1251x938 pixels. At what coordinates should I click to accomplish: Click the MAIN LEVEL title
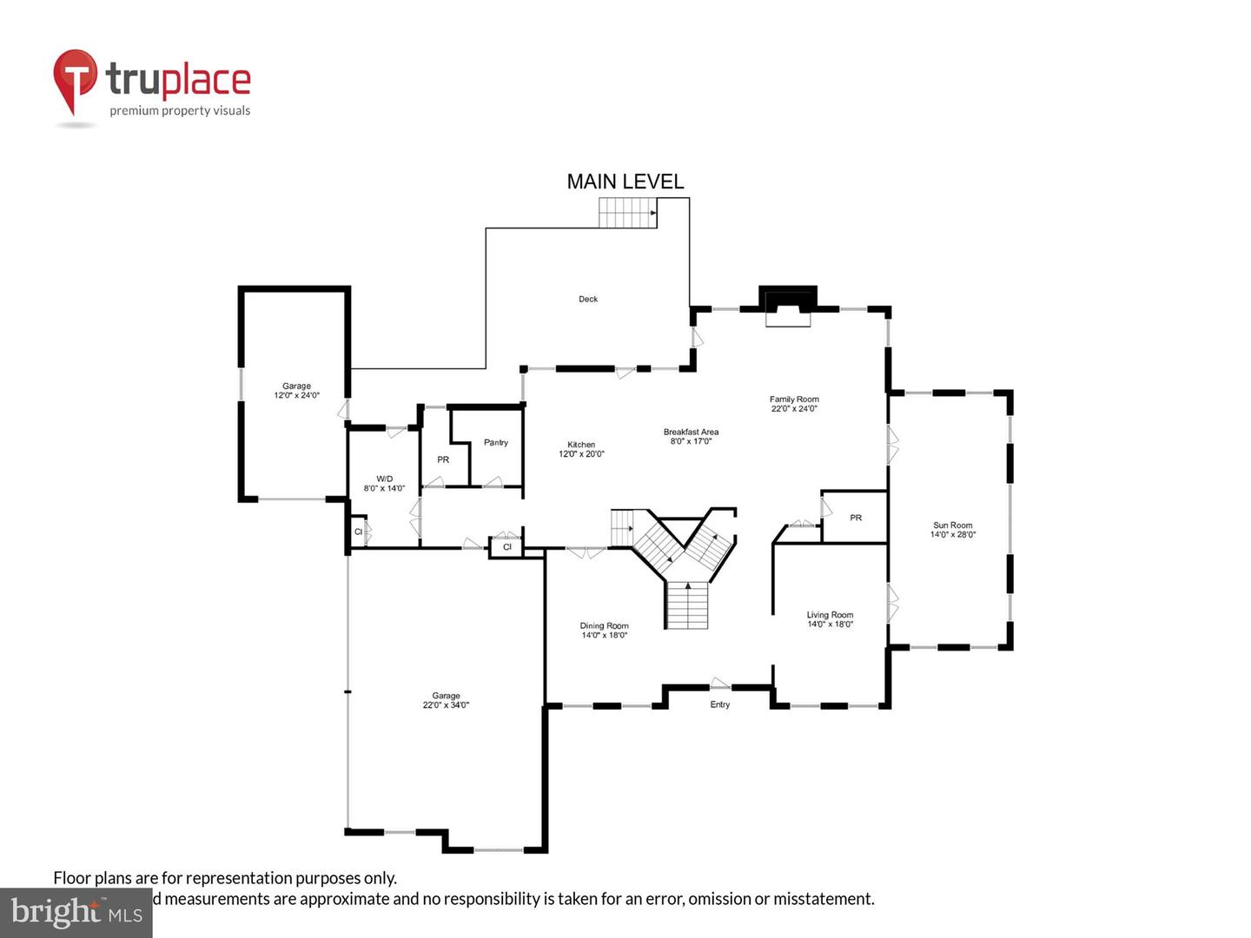625,182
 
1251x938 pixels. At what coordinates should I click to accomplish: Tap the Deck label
588,299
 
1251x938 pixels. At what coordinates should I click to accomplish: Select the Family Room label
794,400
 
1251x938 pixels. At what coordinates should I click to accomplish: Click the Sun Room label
953,525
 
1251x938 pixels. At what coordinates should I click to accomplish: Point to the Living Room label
830,615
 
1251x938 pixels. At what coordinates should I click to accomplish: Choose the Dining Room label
604,625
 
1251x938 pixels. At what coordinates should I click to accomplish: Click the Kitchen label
581,445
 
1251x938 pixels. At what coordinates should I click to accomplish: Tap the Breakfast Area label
691,432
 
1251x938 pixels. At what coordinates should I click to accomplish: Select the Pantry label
496,443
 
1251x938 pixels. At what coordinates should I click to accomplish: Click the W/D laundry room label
384,479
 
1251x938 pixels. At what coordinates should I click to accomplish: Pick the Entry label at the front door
720,704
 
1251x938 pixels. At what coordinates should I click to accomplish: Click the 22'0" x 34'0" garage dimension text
446,705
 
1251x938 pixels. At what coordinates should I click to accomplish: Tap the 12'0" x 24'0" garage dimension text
296,396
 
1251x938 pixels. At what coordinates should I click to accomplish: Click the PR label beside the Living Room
856,518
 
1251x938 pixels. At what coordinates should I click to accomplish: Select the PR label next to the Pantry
443,459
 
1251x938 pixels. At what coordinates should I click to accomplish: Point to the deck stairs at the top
627,213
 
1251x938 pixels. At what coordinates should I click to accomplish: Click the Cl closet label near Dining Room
507,547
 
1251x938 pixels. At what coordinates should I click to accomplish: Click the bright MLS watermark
76,913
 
